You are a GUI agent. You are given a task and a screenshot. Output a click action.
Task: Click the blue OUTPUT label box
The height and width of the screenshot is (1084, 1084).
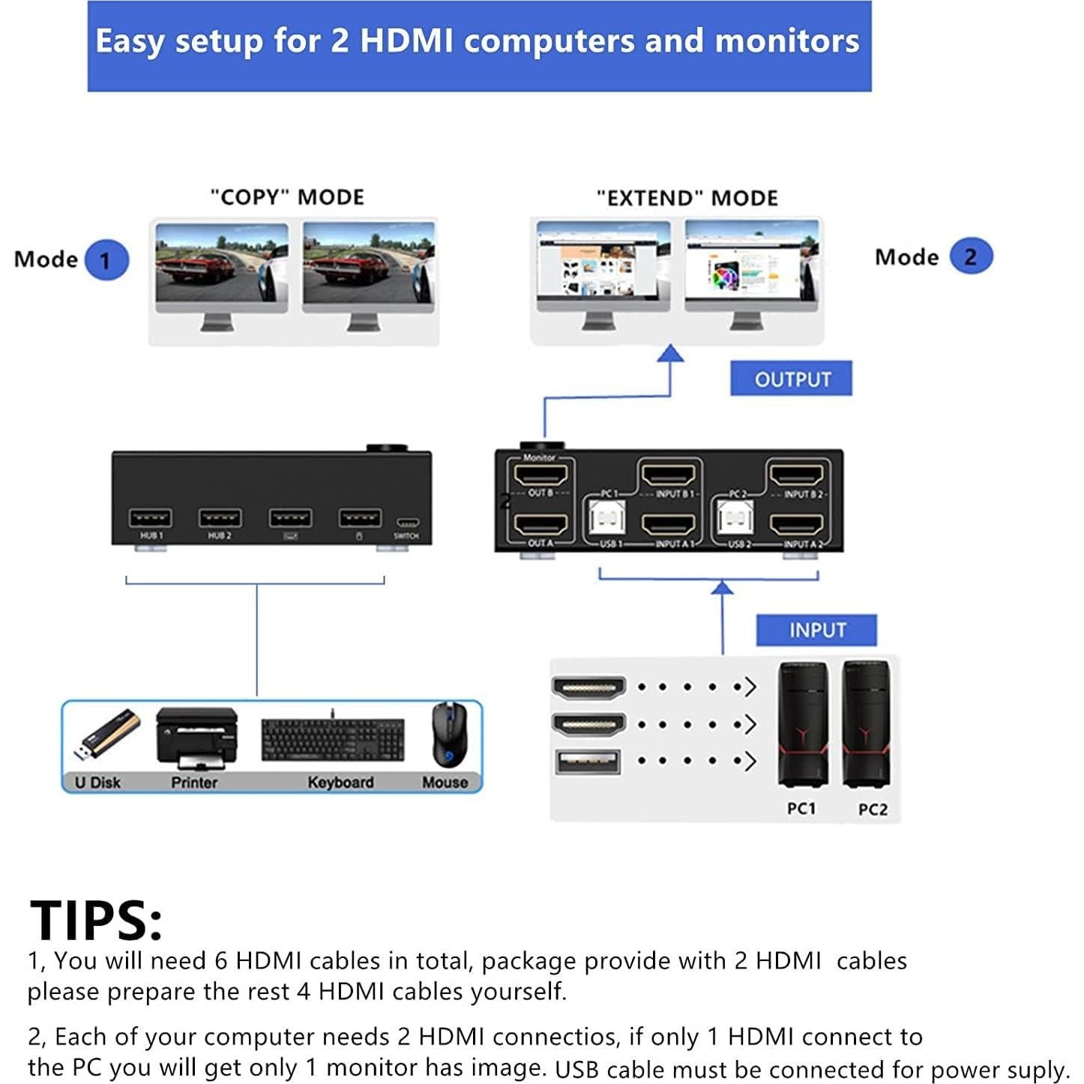[791, 379]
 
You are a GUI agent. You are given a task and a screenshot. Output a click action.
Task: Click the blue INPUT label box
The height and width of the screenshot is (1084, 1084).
[816, 630]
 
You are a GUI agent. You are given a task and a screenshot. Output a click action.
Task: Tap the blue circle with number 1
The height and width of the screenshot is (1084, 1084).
[106, 260]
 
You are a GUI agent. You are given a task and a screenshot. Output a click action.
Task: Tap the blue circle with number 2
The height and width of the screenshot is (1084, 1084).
[971, 256]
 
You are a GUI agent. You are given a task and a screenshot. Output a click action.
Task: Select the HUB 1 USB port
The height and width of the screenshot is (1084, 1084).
[150, 518]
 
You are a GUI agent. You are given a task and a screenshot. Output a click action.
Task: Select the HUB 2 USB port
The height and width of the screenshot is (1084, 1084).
[220, 518]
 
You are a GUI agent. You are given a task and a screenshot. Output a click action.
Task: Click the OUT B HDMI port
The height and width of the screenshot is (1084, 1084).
[540, 475]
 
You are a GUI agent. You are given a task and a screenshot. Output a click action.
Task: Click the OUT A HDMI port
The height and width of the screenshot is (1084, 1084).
[540, 525]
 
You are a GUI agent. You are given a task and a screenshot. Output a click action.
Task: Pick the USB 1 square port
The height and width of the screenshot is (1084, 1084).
[607, 518]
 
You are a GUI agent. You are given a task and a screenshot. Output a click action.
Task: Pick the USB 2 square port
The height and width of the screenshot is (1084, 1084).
[735, 518]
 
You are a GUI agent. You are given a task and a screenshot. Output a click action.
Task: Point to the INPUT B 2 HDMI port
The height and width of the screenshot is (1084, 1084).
[797, 475]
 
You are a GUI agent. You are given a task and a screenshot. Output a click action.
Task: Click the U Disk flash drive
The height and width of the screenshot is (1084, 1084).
[107, 735]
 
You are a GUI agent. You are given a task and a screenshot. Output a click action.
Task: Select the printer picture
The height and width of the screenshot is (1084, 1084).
[196, 738]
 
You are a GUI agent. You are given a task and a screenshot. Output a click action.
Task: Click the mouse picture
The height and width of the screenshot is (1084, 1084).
[448, 735]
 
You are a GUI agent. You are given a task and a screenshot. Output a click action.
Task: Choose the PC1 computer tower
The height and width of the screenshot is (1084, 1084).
[803, 725]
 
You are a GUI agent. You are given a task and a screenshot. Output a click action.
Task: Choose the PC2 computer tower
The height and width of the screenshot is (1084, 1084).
[867, 725]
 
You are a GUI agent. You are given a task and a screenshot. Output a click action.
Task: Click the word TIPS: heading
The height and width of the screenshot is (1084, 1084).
[96, 920]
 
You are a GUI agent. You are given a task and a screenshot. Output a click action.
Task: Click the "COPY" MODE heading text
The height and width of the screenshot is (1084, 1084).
[287, 197]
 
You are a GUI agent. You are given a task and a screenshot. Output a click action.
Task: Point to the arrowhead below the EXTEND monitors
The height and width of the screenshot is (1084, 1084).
[670, 353]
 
